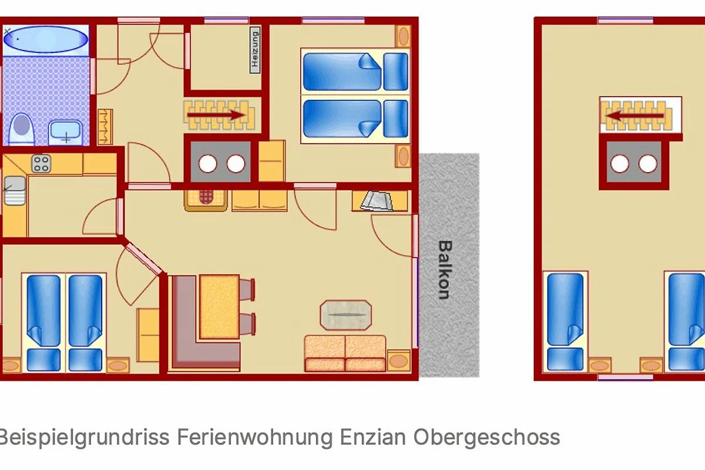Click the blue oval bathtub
click(46, 39)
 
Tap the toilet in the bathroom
click(21, 129)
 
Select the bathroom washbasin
click(66, 133)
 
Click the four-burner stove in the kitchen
click(41, 164)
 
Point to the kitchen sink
click(15, 190)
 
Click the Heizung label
click(255, 50)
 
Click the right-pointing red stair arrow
click(216, 115)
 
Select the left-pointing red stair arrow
click(635, 116)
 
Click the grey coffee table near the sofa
click(346, 315)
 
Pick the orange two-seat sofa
click(345, 353)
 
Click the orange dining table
click(219, 307)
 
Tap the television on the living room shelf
click(377, 201)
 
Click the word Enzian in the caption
click(373, 437)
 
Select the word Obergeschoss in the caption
click(486, 438)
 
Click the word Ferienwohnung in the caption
click(255, 438)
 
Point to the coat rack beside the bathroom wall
click(105, 127)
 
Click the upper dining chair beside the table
click(247, 289)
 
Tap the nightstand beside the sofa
click(399, 361)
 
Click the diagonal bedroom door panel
click(144, 259)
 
